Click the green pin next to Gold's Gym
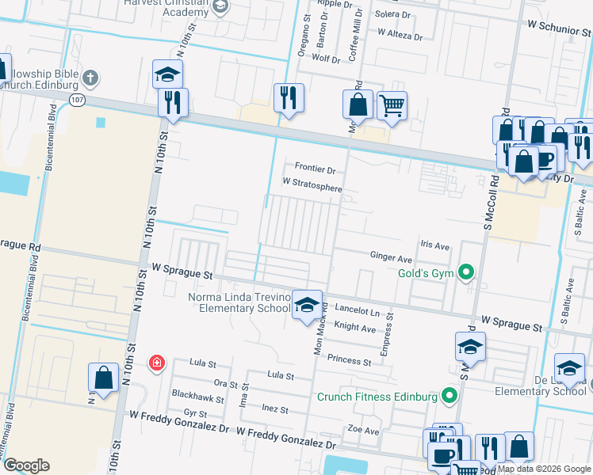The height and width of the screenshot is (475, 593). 466,274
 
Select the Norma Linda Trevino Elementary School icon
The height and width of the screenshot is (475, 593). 307,305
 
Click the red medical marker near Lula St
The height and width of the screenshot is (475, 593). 157,363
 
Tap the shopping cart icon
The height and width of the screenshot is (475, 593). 392,104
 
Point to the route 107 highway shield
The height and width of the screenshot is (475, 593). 76,100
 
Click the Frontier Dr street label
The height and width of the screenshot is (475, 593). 316,169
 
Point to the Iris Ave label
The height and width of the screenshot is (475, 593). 435,245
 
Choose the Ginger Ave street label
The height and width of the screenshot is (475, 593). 391,258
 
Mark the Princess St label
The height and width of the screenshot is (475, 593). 349,361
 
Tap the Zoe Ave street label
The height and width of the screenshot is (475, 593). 362,430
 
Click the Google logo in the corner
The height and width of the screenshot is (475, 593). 26,465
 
